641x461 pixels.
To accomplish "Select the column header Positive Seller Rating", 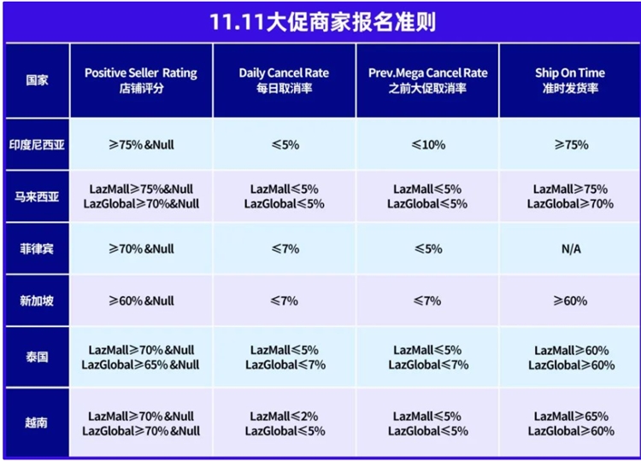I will [141, 80].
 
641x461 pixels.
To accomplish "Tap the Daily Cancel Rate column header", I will [284, 80].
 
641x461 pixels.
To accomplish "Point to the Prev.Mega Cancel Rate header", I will [427, 80].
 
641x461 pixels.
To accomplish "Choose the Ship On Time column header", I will [570, 80].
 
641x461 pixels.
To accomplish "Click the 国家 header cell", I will [37, 81].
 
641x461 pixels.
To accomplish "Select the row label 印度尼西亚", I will [37, 144].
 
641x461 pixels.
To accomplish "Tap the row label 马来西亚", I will [37, 195].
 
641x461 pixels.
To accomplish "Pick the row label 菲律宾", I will [37, 248].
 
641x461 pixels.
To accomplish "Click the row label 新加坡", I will [37, 300].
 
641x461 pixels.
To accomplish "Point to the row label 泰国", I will [37, 357].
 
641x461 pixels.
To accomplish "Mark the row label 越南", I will [37, 423].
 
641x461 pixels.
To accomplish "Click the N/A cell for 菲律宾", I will [570, 248].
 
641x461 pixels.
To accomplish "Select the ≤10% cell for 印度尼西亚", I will [427, 144].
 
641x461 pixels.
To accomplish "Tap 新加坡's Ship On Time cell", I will [570, 300].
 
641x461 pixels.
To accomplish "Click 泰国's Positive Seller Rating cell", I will [141, 357].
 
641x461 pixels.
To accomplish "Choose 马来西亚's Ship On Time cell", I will [570, 195].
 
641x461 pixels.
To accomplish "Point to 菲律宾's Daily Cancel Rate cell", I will [284, 248].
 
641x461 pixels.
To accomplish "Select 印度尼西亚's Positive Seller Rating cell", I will [141, 144].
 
